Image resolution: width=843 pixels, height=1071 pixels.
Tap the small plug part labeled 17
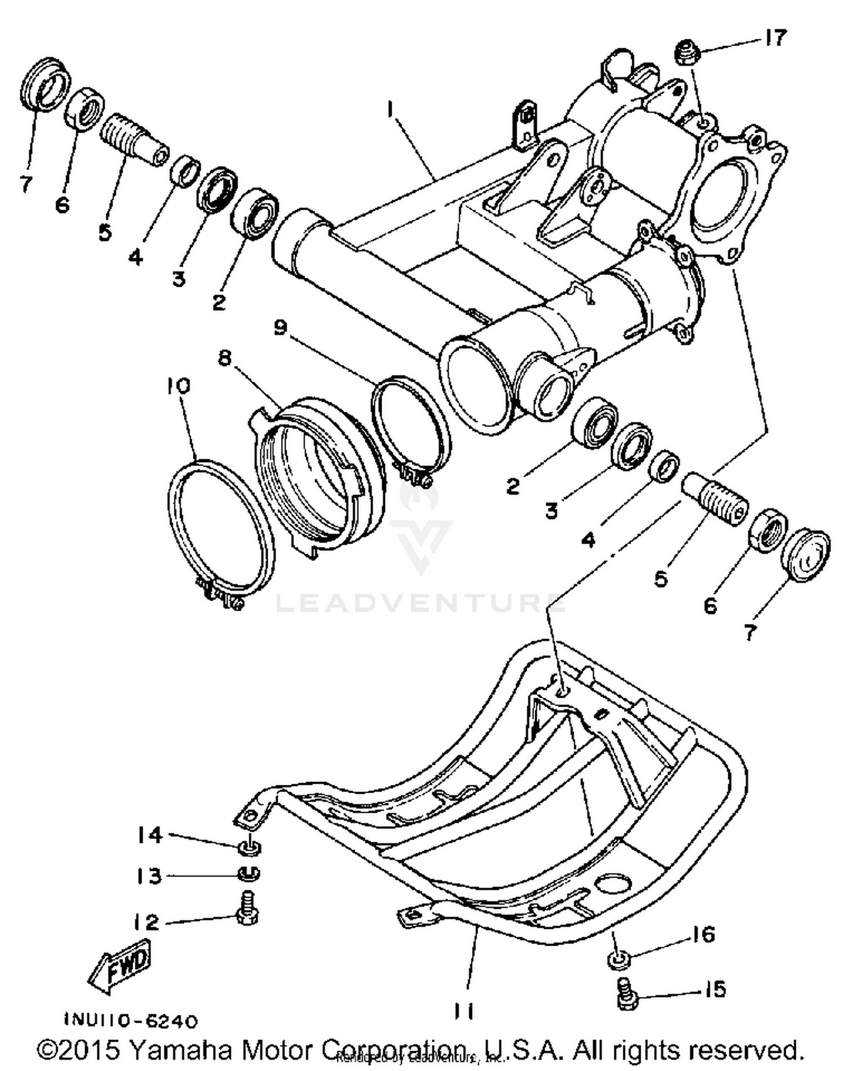tap(687, 52)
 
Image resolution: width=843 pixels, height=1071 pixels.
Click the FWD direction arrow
tap(121, 969)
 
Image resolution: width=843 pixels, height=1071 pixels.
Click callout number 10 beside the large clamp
tap(179, 386)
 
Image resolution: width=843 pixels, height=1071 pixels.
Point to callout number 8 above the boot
tap(225, 357)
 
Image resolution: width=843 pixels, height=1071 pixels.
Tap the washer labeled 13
tap(248, 874)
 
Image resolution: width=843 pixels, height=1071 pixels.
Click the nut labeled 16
tap(619, 959)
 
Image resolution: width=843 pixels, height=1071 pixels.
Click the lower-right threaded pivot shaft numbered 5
tap(716, 502)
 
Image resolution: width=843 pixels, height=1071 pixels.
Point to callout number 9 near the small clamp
tap(280, 327)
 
